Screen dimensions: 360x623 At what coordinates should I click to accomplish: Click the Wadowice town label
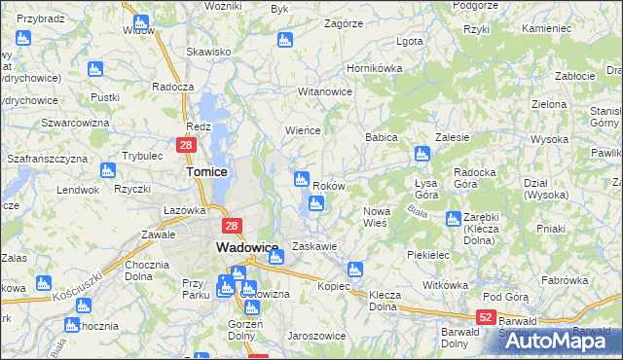pyautogui.click(x=247, y=247)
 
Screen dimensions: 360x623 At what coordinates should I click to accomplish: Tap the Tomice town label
pyautogui.click(x=206, y=171)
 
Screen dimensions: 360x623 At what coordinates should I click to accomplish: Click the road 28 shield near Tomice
pyautogui.click(x=188, y=145)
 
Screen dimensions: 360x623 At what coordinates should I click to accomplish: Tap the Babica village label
pyautogui.click(x=382, y=138)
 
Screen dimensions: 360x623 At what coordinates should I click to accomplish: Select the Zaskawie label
pyautogui.click(x=314, y=247)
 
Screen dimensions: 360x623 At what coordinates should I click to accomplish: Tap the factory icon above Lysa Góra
pyautogui.click(x=421, y=153)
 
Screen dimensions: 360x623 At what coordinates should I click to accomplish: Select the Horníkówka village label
pyautogui.click(x=375, y=70)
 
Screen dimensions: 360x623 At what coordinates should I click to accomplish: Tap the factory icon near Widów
pyautogui.click(x=141, y=21)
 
